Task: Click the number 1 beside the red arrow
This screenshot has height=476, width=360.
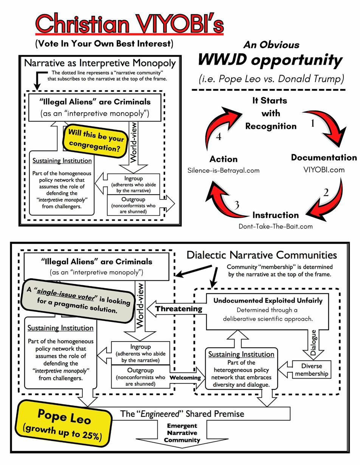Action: pyautogui.click(x=313, y=124)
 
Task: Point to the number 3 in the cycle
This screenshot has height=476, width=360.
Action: pyautogui.click(x=237, y=205)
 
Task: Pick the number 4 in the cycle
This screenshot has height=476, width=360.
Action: pyautogui.click(x=219, y=137)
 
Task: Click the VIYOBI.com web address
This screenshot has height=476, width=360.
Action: pyautogui.click(x=324, y=170)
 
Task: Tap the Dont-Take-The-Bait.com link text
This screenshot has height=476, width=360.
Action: pyautogui.click(x=276, y=227)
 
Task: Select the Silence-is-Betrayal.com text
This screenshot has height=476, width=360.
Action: pyautogui.click(x=223, y=170)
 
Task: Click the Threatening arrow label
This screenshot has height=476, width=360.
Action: pyautogui.click(x=179, y=309)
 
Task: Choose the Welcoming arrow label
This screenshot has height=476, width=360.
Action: pyautogui.click(x=185, y=377)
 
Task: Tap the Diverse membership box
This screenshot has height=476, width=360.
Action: pyautogui.click(x=312, y=370)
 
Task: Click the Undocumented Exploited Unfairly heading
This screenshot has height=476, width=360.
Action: pyautogui.click(x=268, y=301)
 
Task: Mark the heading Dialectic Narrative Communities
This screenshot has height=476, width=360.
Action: pyautogui.click(x=262, y=255)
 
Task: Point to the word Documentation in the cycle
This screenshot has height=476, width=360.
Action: pyautogui.click(x=324, y=158)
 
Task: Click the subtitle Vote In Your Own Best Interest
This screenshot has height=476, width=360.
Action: pyautogui.click(x=104, y=43)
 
